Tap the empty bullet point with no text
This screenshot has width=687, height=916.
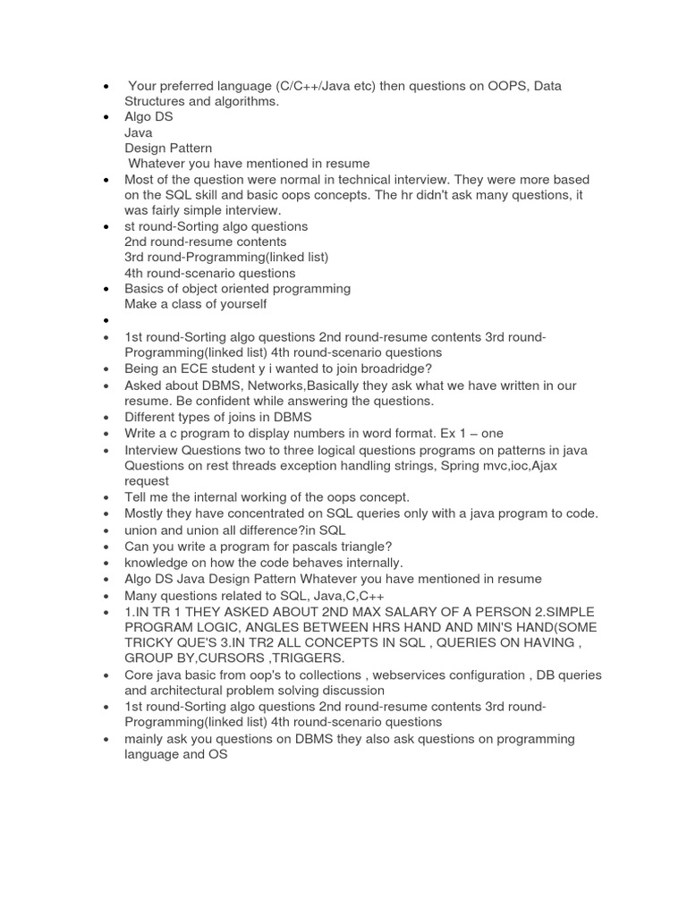click(106, 320)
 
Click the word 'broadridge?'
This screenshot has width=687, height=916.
click(390, 369)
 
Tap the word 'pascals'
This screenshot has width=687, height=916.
click(335, 546)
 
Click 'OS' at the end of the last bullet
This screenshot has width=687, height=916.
click(218, 754)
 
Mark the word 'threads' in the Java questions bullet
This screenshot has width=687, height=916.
click(240, 465)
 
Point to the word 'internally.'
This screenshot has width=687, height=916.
click(367, 563)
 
